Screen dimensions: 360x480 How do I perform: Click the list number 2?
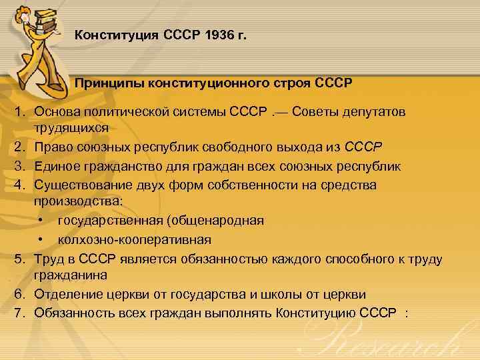tap(21, 145)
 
